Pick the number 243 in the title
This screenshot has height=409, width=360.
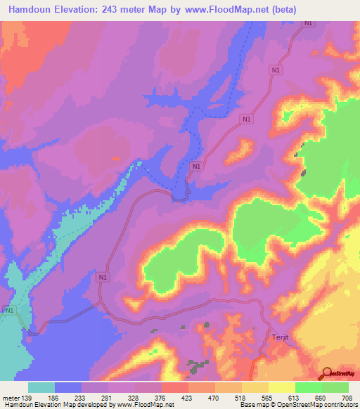114,10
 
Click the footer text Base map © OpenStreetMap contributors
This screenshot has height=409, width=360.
297,405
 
